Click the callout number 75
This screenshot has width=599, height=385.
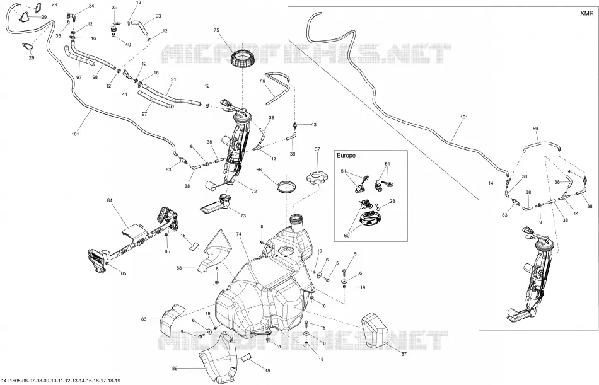pos(216,30)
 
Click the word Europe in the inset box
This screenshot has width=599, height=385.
pos(346,156)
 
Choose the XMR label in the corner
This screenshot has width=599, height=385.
pos(587,13)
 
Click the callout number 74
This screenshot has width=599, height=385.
pos(239,234)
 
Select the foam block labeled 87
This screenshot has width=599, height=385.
pos(375,330)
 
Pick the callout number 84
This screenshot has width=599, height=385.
pos(110,200)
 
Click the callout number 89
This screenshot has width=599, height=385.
pos(175,369)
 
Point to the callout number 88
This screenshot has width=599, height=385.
pos(179,268)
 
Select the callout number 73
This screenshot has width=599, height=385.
pos(243,215)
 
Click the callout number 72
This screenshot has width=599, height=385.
pos(254,192)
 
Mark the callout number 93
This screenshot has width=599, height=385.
pos(158,16)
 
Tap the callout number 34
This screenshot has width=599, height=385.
pos(91,6)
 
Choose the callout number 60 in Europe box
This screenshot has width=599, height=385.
pos(347,236)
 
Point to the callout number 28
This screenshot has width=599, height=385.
pos(392,201)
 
